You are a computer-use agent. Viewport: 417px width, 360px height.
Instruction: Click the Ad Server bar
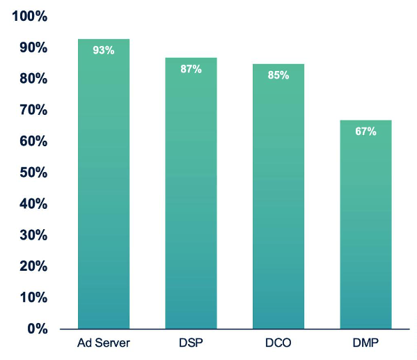(x=104, y=184)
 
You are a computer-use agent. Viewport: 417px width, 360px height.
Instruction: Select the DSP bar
(x=191, y=193)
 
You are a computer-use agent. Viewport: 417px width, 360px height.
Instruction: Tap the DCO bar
(x=278, y=196)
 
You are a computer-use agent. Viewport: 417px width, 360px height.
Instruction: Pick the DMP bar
(x=365, y=225)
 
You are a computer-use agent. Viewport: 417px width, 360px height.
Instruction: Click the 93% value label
(x=104, y=50)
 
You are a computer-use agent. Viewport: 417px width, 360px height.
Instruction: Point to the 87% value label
(x=191, y=69)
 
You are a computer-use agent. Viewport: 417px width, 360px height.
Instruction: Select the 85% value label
(x=278, y=75)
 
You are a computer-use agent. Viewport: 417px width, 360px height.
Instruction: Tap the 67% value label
(x=365, y=131)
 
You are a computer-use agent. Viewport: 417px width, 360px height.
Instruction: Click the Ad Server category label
(x=104, y=343)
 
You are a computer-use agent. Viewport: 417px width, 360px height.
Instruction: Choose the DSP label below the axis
(x=191, y=343)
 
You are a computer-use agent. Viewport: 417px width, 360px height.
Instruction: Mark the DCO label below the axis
(x=278, y=343)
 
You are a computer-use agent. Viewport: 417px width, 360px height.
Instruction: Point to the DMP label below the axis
(x=365, y=343)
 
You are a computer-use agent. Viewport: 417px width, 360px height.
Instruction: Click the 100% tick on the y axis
(x=30, y=16)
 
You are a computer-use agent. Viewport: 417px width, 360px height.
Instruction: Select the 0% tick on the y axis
(x=38, y=329)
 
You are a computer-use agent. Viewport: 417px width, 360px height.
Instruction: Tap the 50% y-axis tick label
(x=33, y=173)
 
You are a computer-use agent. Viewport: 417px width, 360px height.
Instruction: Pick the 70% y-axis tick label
(x=33, y=110)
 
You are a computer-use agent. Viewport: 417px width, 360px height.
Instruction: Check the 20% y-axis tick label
(x=33, y=266)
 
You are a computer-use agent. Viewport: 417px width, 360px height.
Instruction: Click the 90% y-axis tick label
(x=33, y=47)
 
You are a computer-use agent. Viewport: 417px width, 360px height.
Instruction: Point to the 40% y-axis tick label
(x=33, y=204)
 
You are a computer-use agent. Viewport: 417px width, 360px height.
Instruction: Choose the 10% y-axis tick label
(x=33, y=297)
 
